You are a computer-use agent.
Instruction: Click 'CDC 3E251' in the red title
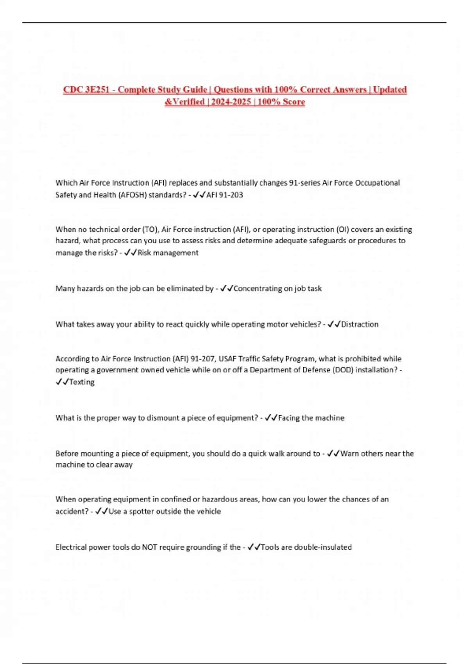click(x=86, y=90)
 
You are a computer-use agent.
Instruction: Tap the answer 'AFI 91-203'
click(x=225, y=195)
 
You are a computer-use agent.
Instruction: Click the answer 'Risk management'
click(x=168, y=253)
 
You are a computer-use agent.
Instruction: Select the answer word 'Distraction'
click(x=360, y=324)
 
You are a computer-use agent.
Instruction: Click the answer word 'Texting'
click(x=82, y=382)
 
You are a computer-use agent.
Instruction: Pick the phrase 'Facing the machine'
click(x=311, y=418)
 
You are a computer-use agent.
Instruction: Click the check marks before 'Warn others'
click(x=333, y=453)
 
